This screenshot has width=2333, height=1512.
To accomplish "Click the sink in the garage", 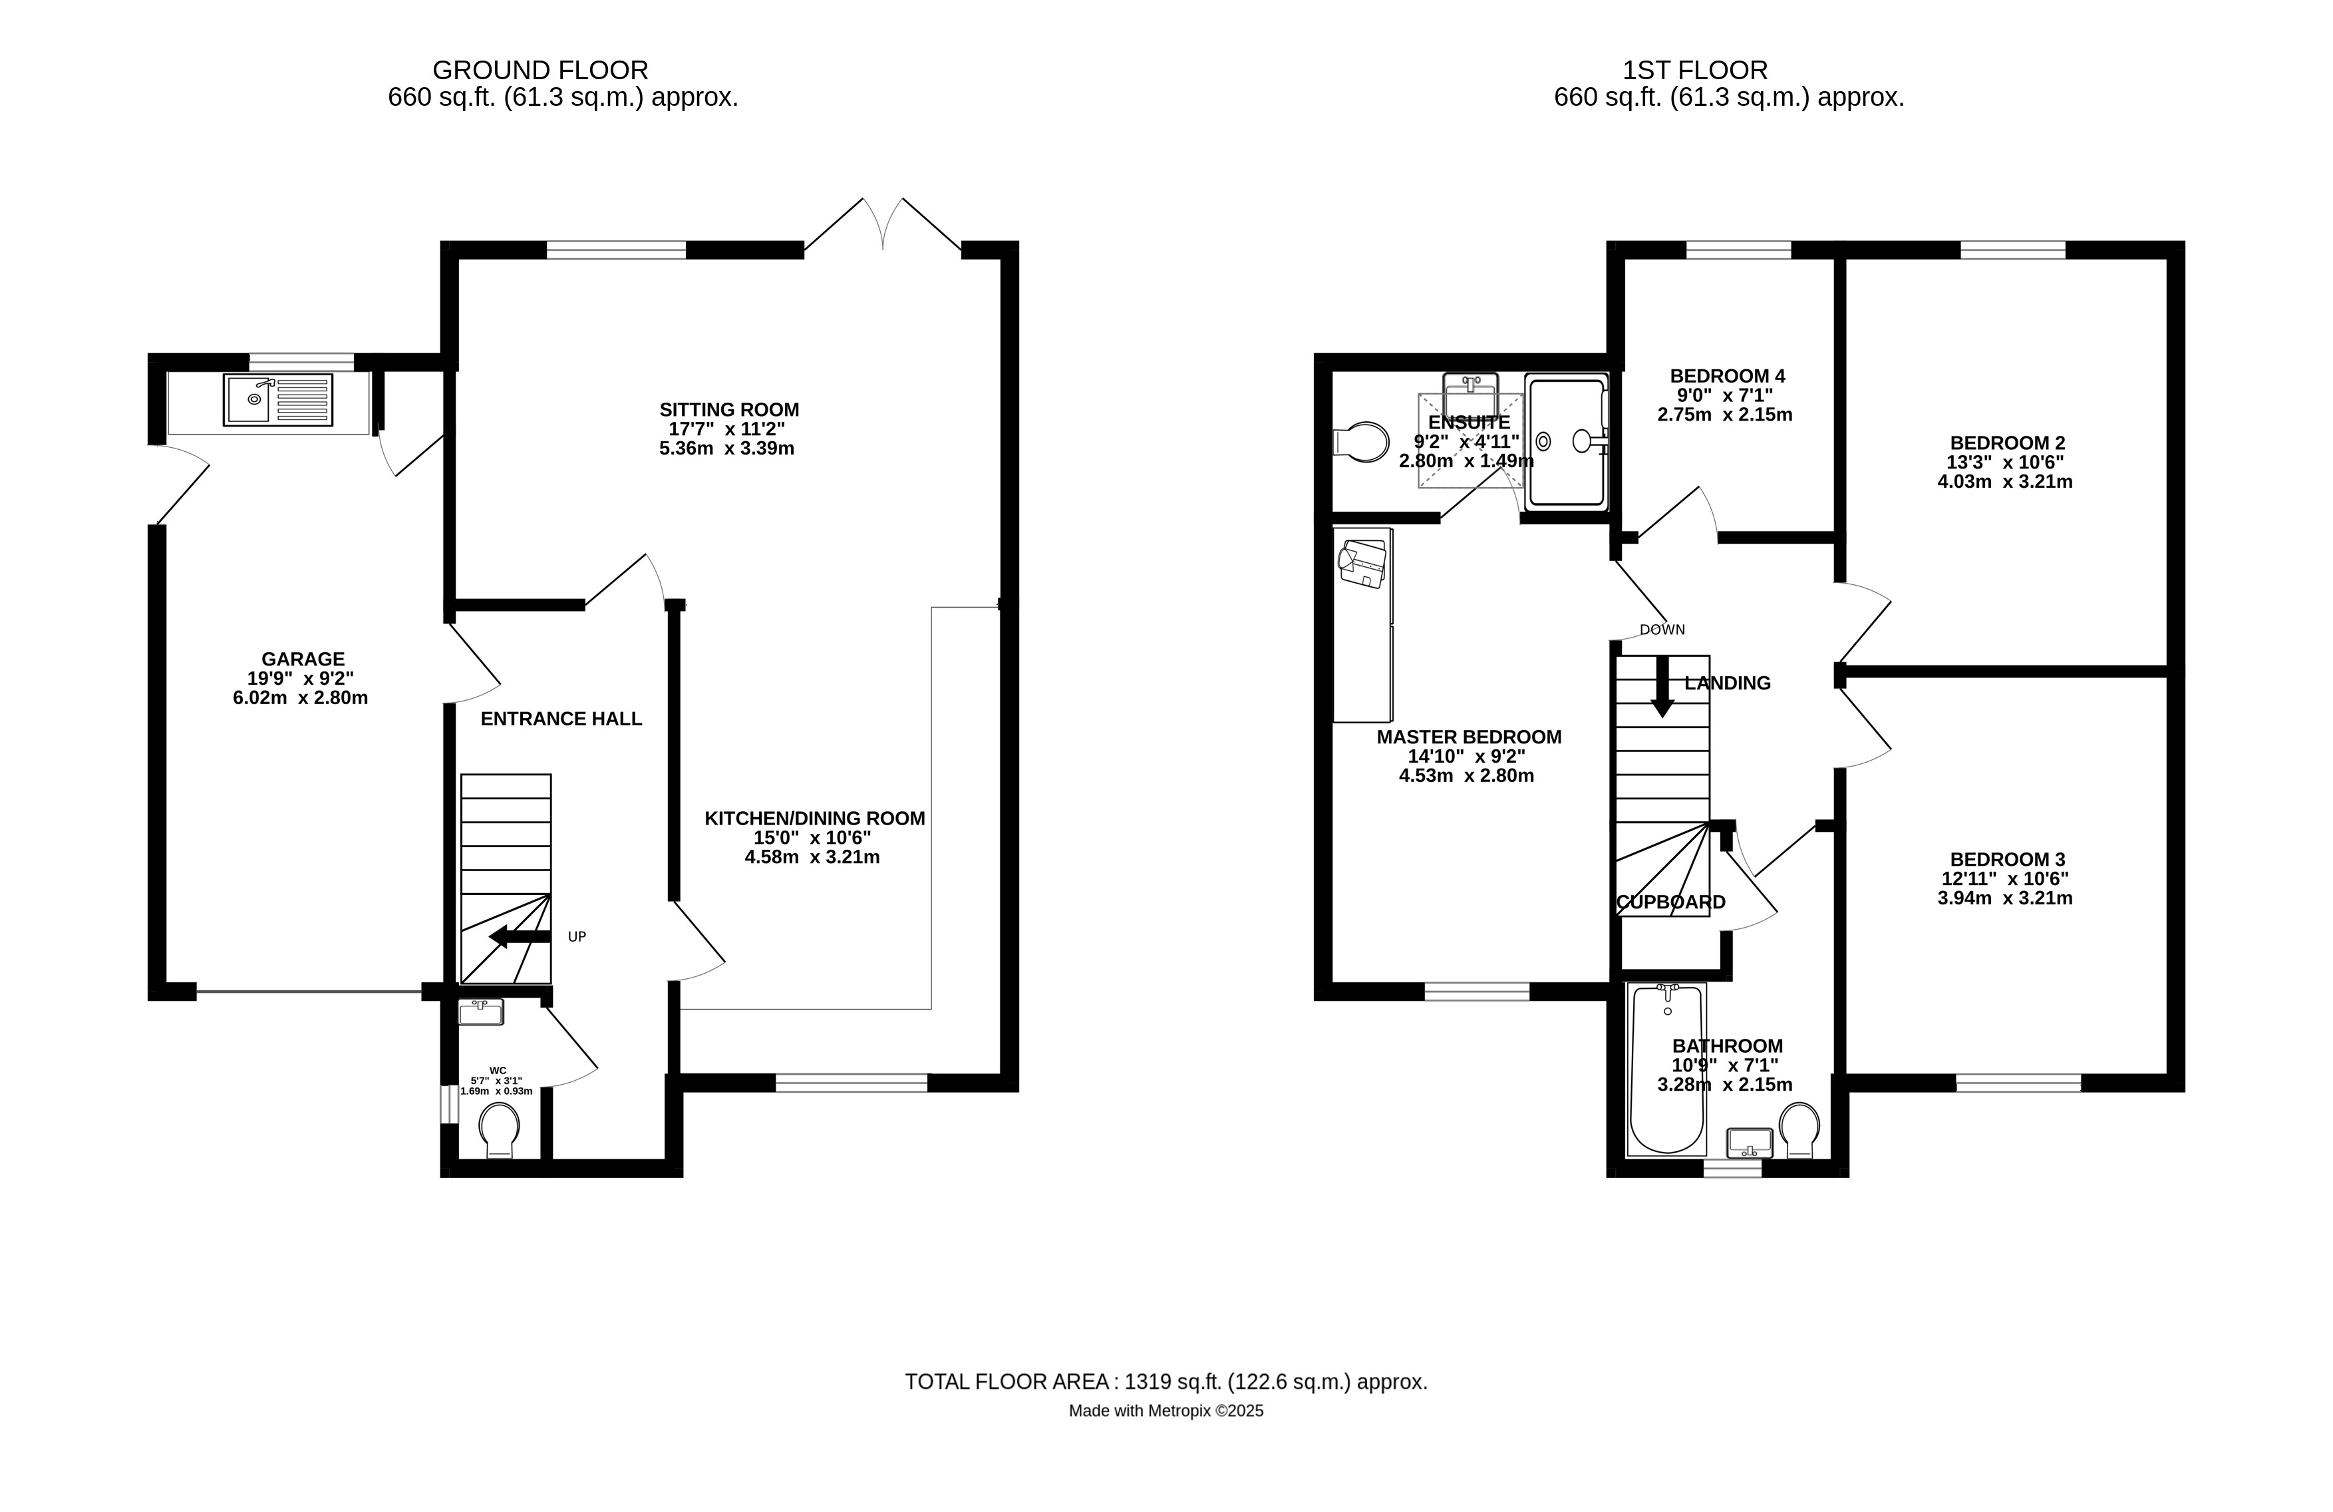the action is (278, 399).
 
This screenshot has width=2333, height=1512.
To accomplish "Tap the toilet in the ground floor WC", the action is (500, 1131).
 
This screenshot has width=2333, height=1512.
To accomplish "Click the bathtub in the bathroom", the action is (1666, 1069).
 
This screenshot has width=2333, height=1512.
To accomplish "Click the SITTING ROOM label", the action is (729, 410).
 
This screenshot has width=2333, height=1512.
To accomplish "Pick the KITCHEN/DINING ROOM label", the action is (815, 819).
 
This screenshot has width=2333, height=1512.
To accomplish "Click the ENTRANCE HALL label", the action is (561, 719).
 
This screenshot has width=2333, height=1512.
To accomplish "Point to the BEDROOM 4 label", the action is (1727, 375).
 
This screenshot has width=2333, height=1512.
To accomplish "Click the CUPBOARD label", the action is (1670, 902).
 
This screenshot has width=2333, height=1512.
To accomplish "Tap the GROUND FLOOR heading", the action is (540, 71).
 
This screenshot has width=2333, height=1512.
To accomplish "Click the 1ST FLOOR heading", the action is (1695, 71).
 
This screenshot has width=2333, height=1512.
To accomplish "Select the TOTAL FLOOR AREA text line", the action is (1166, 1382).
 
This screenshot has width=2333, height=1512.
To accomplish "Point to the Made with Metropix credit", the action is (1166, 1411).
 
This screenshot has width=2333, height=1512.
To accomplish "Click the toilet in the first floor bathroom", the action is (1799, 1129).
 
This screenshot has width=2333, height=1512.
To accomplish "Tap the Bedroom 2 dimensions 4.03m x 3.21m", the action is (2006, 481).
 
